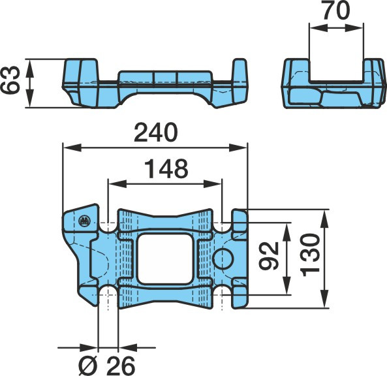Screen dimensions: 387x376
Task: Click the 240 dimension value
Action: [x=156, y=133]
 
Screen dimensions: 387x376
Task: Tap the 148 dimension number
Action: [x=166, y=169]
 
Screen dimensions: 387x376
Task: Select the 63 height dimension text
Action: [x=10, y=80]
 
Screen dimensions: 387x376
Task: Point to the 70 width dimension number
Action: [x=336, y=10]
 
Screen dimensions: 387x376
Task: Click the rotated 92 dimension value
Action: [x=269, y=255]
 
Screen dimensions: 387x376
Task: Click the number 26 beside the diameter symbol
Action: [x=121, y=366]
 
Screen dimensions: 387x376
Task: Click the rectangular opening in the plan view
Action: [x=165, y=258]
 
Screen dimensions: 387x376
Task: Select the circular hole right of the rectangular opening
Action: [x=223, y=258]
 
